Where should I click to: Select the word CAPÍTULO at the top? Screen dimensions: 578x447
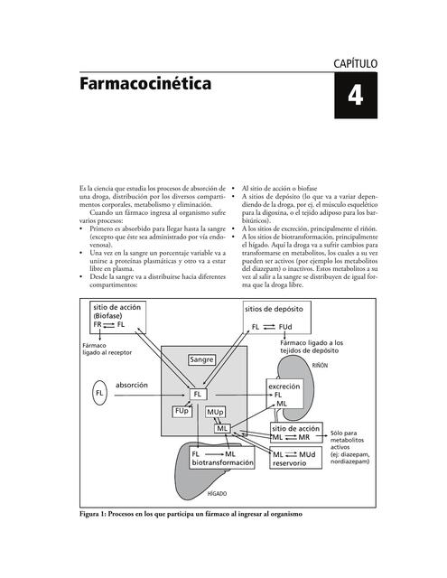click(356, 62)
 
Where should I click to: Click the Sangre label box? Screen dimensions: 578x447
click(202, 359)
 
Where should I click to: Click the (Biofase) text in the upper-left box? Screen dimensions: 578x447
click(110, 316)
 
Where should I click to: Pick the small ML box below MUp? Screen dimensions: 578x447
click(223, 427)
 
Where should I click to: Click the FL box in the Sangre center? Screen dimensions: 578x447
click(198, 394)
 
